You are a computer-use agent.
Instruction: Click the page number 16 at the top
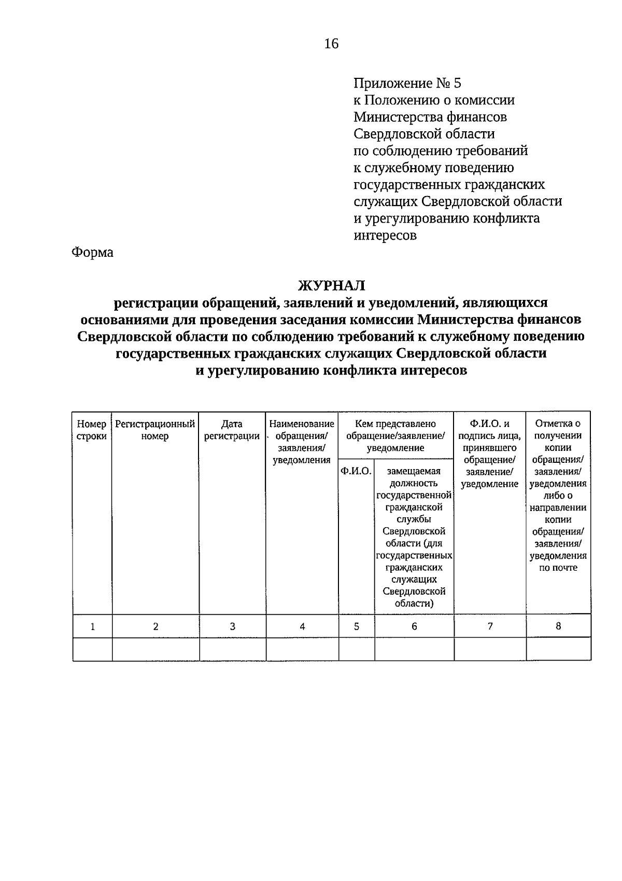(331, 44)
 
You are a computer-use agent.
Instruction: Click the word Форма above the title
(92, 253)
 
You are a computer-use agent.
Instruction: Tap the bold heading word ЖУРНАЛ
(331, 285)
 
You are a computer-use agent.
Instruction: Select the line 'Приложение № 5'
(407, 83)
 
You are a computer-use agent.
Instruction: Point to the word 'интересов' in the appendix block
(385, 235)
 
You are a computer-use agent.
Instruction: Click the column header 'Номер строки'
(92, 430)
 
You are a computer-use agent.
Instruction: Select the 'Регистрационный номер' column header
(155, 430)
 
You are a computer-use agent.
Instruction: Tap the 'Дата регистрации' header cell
(232, 430)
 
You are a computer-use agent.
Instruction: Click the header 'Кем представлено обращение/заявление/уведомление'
(395, 436)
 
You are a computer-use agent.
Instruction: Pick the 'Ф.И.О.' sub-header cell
(356, 471)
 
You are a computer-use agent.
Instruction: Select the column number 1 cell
(93, 626)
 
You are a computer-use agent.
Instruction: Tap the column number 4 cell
(302, 626)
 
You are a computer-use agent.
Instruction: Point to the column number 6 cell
(414, 626)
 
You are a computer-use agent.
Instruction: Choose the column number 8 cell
(558, 626)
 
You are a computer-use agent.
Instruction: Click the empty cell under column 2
(155, 649)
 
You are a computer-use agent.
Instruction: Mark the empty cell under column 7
(490, 649)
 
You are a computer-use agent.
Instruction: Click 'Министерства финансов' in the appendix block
(430, 117)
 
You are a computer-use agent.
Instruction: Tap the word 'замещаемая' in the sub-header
(414, 471)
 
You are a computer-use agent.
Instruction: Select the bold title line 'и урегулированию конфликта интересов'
(331, 370)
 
